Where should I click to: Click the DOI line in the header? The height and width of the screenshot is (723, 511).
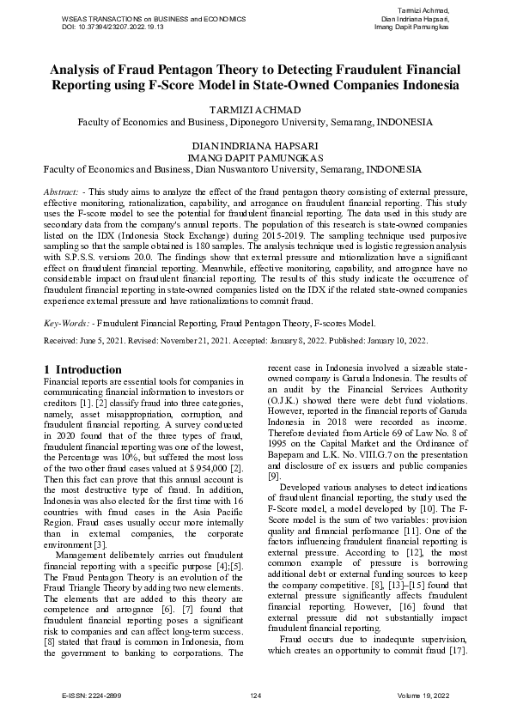click(x=113, y=27)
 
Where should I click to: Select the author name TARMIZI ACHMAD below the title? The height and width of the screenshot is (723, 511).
click(x=255, y=110)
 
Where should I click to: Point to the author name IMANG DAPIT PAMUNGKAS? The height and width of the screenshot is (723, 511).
click(x=255, y=158)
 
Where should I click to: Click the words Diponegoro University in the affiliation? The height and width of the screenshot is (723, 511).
click(x=268, y=122)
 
